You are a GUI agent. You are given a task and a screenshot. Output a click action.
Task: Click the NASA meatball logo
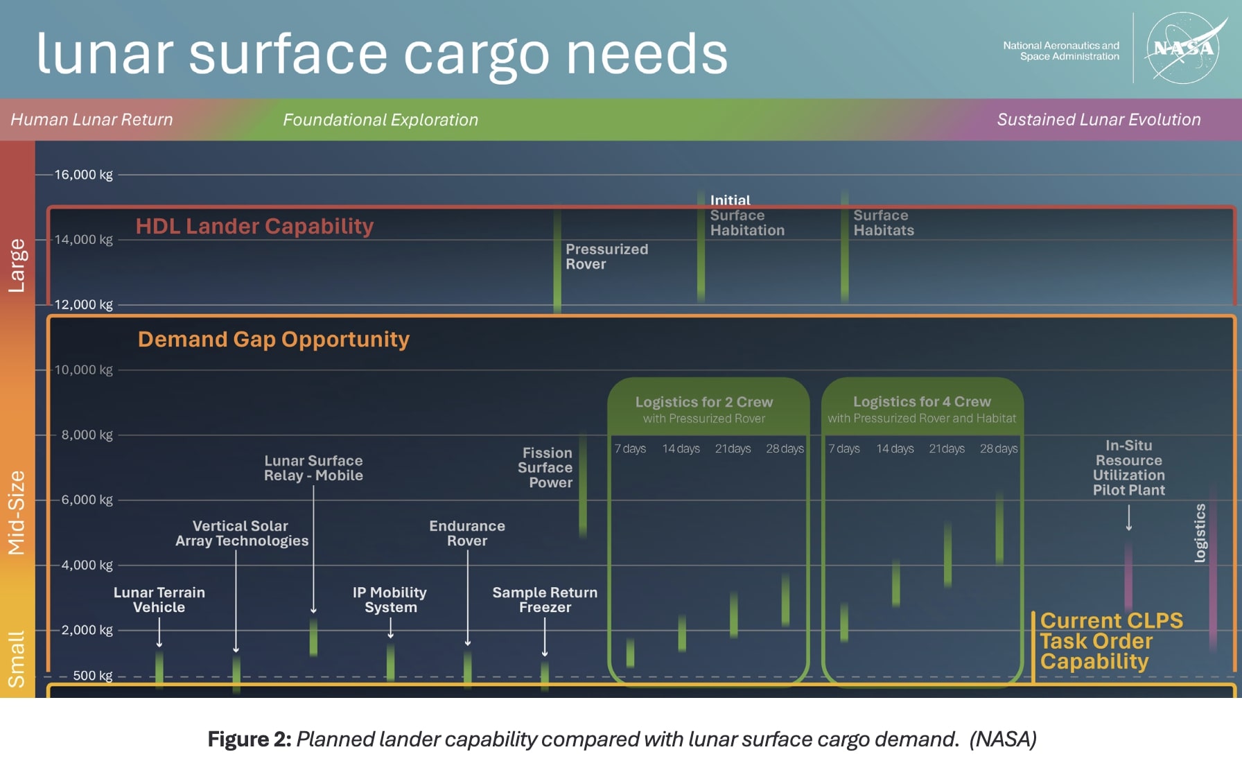click(1184, 49)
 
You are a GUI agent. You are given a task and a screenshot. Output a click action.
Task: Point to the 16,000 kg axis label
click(83, 175)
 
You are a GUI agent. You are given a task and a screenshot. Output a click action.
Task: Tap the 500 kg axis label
click(92, 676)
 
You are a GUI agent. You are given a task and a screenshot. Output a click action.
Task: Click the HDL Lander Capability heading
click(254, 227)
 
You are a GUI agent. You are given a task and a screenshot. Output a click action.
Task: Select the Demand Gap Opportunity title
click(273, 340)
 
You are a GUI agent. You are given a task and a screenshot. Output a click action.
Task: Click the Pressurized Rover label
click(606, 256)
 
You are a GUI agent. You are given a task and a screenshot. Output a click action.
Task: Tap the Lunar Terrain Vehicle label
click(159, 600)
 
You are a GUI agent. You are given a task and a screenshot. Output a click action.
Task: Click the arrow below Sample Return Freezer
click(545, 636)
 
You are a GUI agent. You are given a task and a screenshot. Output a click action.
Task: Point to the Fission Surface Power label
click(546, 468)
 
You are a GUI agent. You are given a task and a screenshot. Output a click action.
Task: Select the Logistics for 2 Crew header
click(704, 403)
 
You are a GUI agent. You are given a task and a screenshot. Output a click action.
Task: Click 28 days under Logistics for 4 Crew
click(998, 449)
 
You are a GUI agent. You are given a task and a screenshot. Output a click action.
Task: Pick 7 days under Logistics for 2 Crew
click(630, 449)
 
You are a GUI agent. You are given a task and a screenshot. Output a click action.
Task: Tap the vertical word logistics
click(1200, 532)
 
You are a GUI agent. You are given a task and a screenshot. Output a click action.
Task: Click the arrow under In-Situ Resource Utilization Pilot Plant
click(1129, 518)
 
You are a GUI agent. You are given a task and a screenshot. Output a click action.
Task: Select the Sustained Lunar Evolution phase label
click(1099, 120)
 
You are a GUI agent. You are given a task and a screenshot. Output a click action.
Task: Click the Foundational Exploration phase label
click(380, 120)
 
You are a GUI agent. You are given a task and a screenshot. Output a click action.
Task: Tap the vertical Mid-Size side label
click(17, 513)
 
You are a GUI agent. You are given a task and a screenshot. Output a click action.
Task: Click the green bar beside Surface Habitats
click(844, 250)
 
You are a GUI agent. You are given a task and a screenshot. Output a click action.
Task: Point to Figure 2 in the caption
click(250, 740)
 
